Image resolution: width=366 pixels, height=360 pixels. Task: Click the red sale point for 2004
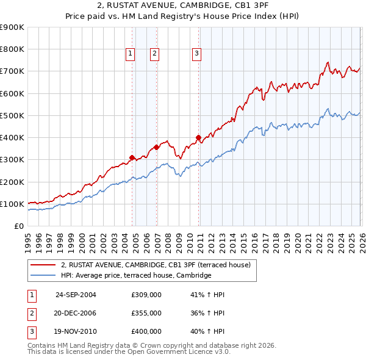click(132, 158)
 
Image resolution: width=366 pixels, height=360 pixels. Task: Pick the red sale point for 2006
click(156, 147)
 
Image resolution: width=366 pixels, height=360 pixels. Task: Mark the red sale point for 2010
click(198, 137)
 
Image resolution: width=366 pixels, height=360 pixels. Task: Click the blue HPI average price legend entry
click(135, 276)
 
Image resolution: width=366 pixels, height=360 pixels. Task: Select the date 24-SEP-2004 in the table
click(76, 295)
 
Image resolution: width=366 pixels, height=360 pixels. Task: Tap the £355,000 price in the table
click(146, 313)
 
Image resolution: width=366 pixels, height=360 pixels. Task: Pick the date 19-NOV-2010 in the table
click(76, 331)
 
